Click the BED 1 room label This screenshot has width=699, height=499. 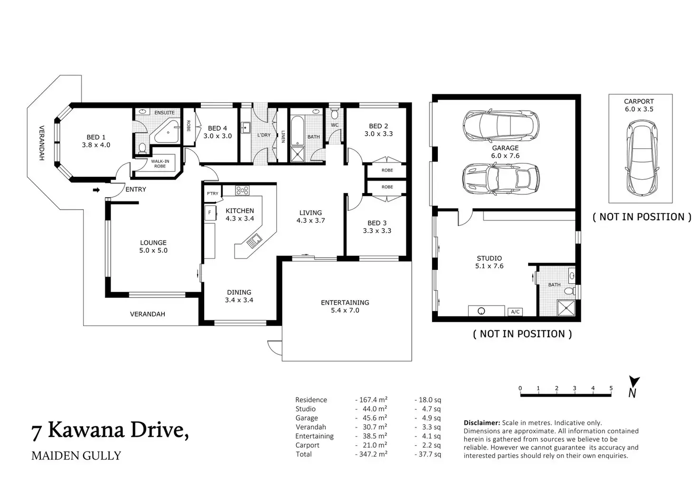tap(96, 141)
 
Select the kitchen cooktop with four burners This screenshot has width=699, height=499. tap(242, 190)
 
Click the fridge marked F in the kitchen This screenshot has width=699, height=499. tap(210, 213)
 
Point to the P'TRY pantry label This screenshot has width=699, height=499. tap(213, 193)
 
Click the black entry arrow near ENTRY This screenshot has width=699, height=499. tap(96, 190)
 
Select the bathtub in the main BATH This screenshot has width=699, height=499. tap(297, 131)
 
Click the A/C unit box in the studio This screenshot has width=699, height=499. tap(515, 312)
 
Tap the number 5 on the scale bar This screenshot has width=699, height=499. tap(611, 388)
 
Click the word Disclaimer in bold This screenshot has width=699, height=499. tap(482, 423)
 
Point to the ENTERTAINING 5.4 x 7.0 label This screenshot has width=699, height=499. tap(345, 307)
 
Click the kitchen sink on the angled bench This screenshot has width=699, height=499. tap(255, 241)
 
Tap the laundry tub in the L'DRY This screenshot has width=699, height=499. tap(246, 128)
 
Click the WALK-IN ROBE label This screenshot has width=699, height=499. tap(160, 163)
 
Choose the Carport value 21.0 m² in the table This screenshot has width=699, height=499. tap(375, 445)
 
